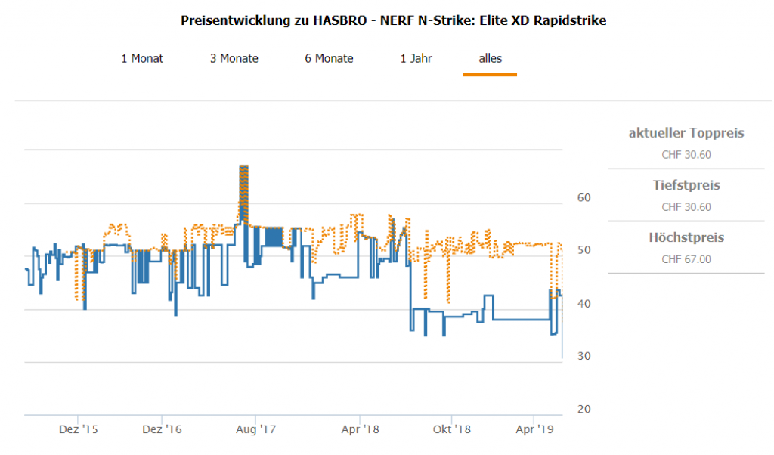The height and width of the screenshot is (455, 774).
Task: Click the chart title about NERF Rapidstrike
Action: click(393, 20)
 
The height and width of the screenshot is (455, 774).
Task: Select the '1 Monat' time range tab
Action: click(142, 58)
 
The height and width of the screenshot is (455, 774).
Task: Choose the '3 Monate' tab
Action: click(234, 58)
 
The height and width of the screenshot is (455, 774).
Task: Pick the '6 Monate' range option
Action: click(329, 58)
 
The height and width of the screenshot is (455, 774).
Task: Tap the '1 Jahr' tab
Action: click(416, 58)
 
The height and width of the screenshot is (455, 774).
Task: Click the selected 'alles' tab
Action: click(490, 58)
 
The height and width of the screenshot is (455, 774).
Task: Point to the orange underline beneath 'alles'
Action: click(490, 74)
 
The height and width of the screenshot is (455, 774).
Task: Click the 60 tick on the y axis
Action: click(583, 197)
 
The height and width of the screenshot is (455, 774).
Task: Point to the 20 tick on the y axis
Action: click(583, 409)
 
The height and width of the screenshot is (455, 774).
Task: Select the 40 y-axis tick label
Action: click(583, 303)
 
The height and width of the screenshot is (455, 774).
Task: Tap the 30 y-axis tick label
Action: click(583, 356)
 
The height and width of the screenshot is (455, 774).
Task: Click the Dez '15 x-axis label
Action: click(79, 429)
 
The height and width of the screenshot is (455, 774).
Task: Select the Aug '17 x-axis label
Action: click(257, 429)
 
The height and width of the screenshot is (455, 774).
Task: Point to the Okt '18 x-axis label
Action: click(451, 429)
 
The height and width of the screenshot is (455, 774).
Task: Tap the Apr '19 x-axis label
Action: click(534, 429)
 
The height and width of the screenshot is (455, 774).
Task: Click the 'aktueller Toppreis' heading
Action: click(686, 133)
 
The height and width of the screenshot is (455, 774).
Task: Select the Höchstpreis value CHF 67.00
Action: click(686, 259)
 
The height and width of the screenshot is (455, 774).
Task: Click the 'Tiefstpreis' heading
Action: click(686, 185)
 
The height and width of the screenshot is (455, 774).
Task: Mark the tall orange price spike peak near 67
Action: click(243, 166)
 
